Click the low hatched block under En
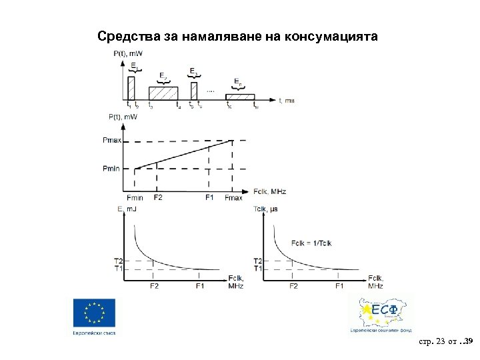pos(241,96)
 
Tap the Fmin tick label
pos(134,197)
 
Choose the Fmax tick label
pos(234,197)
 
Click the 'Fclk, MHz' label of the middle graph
pos(269,191)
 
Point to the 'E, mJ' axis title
pos(128,209)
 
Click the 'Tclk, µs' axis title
pos(267,209)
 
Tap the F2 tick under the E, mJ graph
pos(155,286)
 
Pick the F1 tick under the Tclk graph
pos(340,286)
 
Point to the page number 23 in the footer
pos(439,342)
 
